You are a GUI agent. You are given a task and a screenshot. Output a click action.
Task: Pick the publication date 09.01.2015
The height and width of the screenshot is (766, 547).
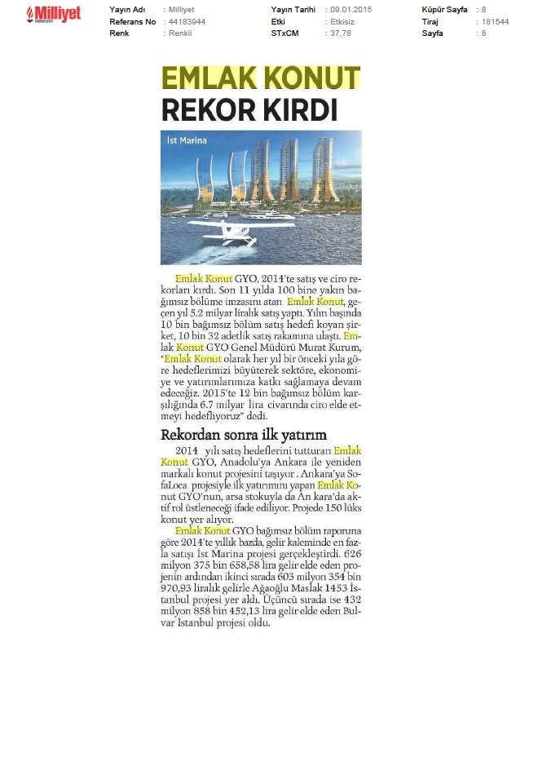point(352,10)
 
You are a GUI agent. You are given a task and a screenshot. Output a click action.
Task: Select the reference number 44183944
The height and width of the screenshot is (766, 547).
point(184,22)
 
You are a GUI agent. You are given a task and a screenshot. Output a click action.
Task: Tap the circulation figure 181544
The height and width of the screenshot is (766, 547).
point(495,22)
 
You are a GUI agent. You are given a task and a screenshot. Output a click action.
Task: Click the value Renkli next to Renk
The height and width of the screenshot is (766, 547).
point(179,33)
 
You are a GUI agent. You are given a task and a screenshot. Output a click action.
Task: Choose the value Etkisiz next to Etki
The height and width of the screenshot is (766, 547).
point(346,22)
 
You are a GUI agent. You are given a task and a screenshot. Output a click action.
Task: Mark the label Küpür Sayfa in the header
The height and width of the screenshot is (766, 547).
point(444,10)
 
